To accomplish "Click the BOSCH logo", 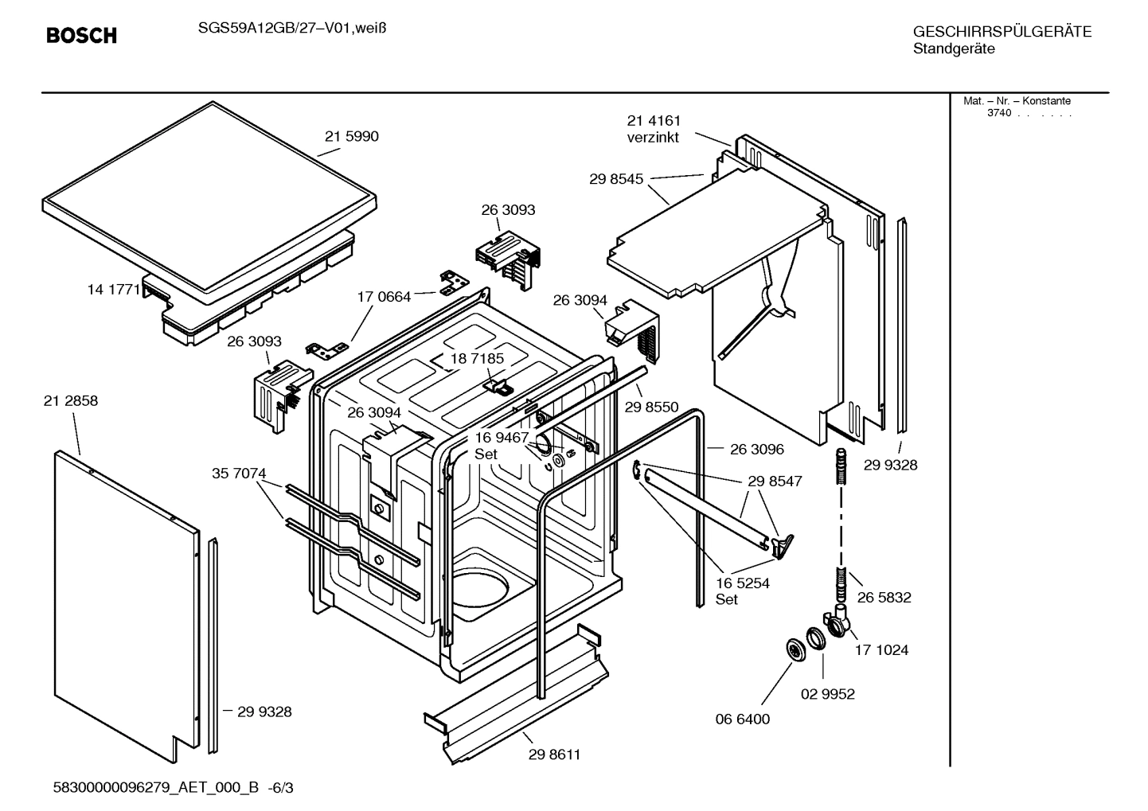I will (x=81, y=36).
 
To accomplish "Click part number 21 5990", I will (x=351, y=136).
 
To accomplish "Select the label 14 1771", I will (x=113, y=290).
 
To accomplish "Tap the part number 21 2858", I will (x=71, y=401).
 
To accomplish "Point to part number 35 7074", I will (x=239, y=474).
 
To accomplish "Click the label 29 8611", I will (x=554, y=754).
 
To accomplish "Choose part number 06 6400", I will (x=742, y=719).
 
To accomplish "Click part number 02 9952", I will (x=827, y=694).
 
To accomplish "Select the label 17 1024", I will (x=881, y=650).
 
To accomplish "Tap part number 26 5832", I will (x=884, y=597).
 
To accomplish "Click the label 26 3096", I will (x=756, y=449).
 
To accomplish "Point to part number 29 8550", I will (x=651, y=407).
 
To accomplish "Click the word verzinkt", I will (x=653, y=138).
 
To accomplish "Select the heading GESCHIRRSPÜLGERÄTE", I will (x=1002, y=33).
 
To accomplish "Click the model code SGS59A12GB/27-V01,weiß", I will (x=286, y=28).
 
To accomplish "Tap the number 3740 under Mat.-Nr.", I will (x=998, y=113).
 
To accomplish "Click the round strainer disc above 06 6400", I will (x=794, y=649).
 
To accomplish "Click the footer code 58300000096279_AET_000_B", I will (x=155, y=788).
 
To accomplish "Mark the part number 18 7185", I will (x=477, y=359).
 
